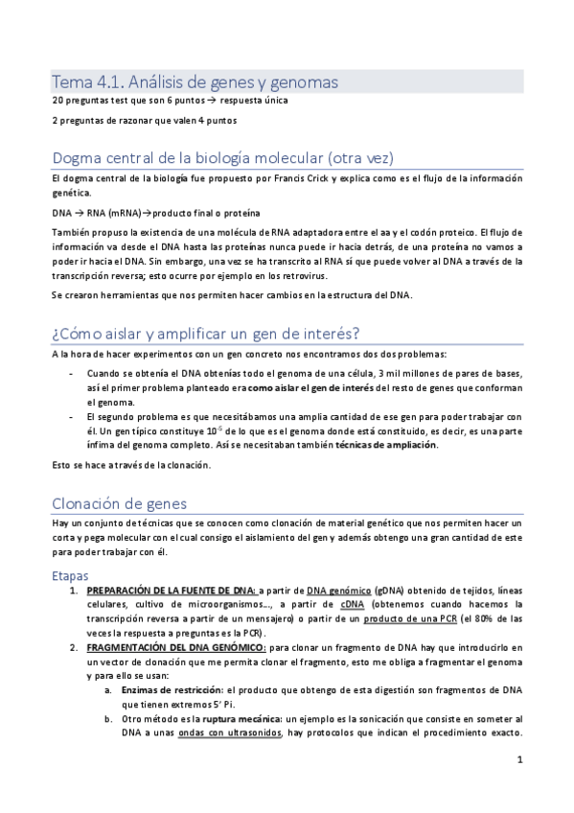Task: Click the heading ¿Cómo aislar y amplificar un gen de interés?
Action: (205, 333)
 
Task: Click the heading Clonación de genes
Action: (120, 503)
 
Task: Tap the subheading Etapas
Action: (70, 575)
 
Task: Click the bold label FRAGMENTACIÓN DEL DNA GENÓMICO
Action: (176, 648)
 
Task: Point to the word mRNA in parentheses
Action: (119, 212)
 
